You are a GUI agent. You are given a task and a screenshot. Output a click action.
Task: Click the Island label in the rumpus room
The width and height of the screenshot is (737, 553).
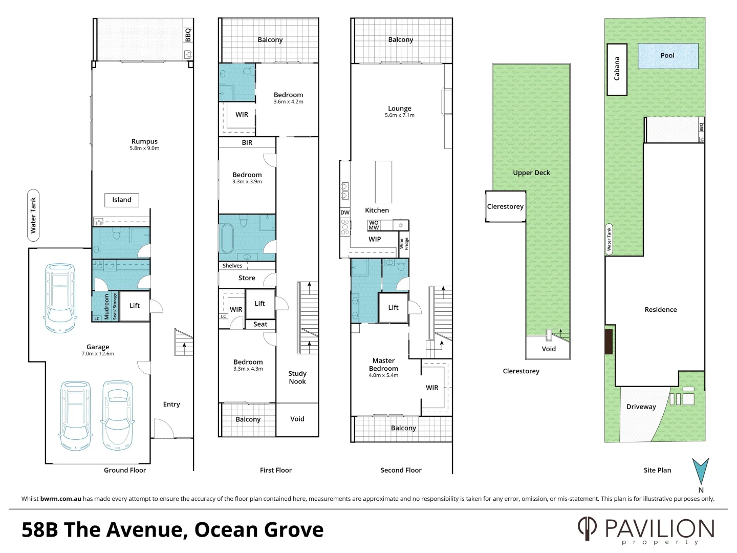pos(122,200)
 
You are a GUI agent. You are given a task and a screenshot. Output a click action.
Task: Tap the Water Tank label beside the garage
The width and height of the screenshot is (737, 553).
pos(33,216)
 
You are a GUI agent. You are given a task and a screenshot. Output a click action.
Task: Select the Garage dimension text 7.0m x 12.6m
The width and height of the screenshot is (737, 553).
pos(98,354)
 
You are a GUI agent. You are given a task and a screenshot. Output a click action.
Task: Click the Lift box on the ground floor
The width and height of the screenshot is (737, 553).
pos(135,306)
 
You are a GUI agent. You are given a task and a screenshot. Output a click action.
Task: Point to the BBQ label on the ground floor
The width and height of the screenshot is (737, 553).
pos(188,35)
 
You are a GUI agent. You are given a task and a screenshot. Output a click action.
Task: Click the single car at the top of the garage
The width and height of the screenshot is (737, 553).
pos(60,297)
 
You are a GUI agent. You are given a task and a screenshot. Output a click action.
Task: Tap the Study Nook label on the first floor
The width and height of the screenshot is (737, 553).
pos(297,377)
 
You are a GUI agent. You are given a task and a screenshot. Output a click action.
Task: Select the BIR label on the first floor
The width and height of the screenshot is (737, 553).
pos(247,143)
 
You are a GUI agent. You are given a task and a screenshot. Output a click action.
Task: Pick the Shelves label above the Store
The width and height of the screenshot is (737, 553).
pos(232,266)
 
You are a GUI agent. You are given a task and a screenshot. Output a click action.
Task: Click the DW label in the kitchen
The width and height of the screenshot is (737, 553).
pos(345,212)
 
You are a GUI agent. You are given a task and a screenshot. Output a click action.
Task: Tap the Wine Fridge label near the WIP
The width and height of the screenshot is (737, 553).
pos(404,244)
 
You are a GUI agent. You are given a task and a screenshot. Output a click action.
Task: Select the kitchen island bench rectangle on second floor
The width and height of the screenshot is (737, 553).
pos(383,182)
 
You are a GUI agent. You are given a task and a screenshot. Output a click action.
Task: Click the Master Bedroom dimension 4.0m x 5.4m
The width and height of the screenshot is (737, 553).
pos(383,375)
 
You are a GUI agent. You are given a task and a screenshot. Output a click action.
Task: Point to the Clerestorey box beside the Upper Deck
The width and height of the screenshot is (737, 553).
pos(505,206)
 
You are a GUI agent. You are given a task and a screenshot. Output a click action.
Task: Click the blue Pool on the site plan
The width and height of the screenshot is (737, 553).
pos(667,56)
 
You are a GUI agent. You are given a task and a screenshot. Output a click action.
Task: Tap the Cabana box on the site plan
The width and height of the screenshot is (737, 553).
pos(617,69)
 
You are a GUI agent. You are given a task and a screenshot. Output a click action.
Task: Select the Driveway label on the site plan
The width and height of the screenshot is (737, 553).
pos(641,407)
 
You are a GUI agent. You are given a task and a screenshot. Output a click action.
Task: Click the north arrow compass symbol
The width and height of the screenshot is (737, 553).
pos(700,471)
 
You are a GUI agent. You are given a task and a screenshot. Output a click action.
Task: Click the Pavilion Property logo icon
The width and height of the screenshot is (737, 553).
pos(587,528)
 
